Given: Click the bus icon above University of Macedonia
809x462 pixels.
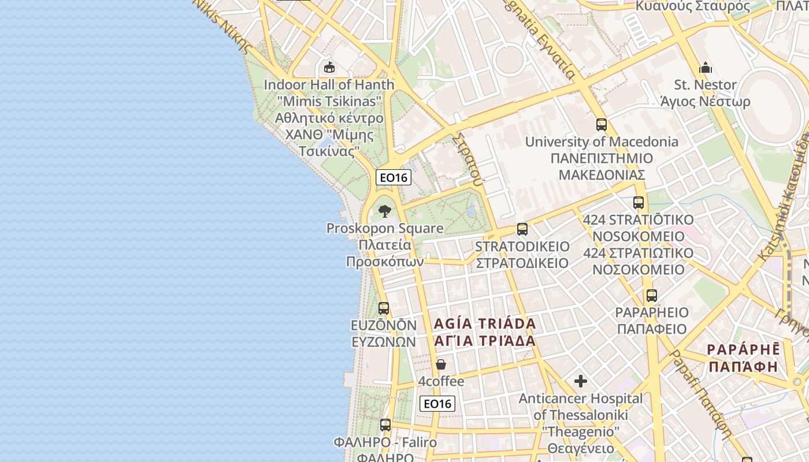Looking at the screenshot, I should tap(602, 124).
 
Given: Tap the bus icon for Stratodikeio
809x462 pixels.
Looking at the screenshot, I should tap(522, 229).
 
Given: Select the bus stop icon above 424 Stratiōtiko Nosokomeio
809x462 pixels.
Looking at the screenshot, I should tap(639, 203).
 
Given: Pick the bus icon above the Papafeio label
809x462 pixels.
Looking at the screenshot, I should tap(652, 296).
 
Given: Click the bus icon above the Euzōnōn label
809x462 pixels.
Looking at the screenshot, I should tap(384, 308).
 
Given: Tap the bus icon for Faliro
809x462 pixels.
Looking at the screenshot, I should tap(385, 425).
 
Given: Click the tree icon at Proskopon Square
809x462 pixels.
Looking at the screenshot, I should tap(385, 211).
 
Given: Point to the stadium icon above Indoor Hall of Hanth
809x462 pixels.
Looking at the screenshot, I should tap(329, 68).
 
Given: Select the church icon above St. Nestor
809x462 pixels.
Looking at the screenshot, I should tap(706, 68).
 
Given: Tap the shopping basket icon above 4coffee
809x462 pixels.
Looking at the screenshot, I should tap(441, 364).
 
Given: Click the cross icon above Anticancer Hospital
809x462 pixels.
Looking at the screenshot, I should tap(581, 381).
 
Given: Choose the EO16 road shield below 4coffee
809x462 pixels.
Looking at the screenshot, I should tap(437, 404).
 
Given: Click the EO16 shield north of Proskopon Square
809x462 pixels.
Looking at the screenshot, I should tap(394, 177).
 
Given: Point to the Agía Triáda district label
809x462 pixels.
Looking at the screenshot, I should tap(485, 323).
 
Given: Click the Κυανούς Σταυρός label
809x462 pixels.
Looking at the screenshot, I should tap(693, 6).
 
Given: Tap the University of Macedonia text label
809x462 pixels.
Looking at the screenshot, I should tap(602, 141).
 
